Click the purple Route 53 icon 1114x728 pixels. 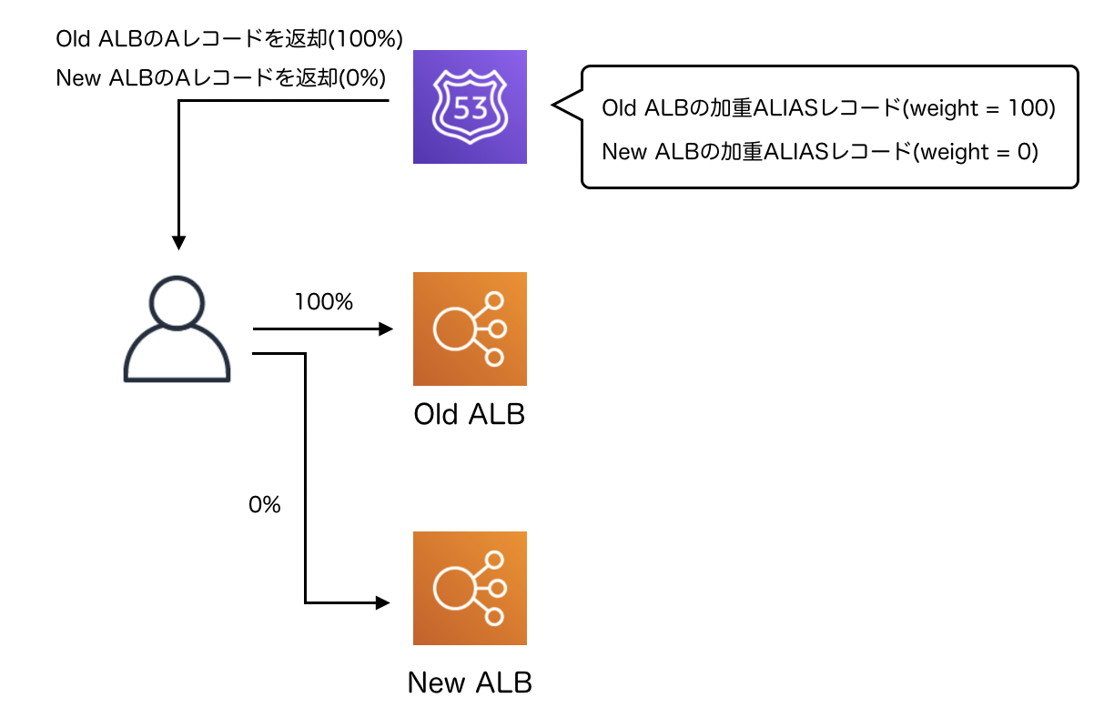pyautogui.click(x=470, y=107)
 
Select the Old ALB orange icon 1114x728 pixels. pyautogui.click(x=470, y=329)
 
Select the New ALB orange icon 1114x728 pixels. pyautogui.click(x=470, y=588)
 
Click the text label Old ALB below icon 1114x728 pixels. pyautogui.click(x=470, y=415)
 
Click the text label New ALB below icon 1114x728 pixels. pyautogui.click(x=470, y=682)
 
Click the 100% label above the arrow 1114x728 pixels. pyautogui.click(x=323, y=302)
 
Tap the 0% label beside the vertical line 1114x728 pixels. pyautogui.click(x=264, y=505)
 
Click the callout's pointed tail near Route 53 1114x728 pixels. pyautogui.click(x=557, y=106)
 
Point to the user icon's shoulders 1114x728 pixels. pyautogui.click(x=177, y=359)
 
